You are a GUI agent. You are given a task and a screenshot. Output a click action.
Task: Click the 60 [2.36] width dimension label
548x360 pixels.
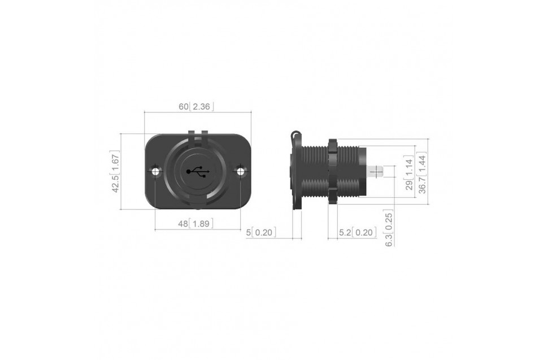click(196, 107)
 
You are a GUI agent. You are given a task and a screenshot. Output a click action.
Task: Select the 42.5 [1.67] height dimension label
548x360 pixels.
click(116, 171)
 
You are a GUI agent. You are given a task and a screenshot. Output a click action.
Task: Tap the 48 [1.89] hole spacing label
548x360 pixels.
click(195, 223)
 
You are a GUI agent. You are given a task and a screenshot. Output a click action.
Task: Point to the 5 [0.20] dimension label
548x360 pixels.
click(261, 232)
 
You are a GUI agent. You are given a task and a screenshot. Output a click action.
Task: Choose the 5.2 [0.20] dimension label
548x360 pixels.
click(358, 232)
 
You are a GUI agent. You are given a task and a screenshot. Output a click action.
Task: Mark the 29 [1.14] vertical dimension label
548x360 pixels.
click(410, 173)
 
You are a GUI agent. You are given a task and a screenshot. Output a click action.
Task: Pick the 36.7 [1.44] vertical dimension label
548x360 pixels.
click(422, 173)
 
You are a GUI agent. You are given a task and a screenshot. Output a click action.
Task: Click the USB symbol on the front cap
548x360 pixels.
click(198, 172)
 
